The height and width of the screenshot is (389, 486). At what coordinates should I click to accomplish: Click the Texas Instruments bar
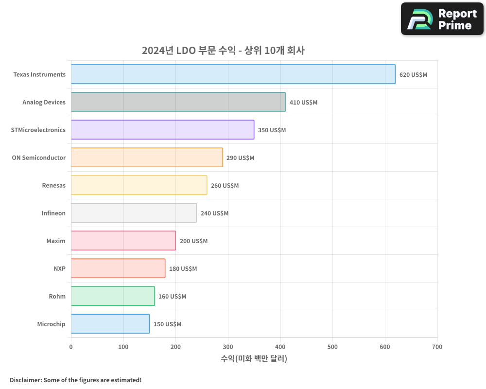(233, 74)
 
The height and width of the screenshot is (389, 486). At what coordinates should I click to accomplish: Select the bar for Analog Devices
(178, 102)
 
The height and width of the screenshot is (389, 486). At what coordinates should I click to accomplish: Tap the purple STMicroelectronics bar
(162, 130)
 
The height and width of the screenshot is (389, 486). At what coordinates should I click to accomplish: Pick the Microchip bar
(110, 324)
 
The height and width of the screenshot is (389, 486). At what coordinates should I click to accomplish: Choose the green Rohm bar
(113, 296)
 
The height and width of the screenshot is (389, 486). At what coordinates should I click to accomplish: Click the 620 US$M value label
(413, 75)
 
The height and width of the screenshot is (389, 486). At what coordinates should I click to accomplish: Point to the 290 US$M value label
(240, 158)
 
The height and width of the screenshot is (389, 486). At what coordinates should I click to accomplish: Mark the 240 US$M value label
(214, 213)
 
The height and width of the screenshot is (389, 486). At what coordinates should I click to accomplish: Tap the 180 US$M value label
(183, 269)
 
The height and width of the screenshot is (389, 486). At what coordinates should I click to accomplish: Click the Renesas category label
(53, 186)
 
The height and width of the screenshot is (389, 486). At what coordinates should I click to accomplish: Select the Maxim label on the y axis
(56, 241)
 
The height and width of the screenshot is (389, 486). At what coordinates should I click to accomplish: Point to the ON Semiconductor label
(39, 158)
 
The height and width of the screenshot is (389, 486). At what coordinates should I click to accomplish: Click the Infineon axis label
(53, 213)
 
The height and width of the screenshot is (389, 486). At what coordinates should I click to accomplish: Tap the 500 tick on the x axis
(332, 347)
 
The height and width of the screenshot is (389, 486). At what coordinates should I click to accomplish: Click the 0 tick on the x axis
(71, 347)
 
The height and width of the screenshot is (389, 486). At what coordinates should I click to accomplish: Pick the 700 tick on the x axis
(437, 347)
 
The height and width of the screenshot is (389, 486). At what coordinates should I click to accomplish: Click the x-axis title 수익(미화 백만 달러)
(254, 359)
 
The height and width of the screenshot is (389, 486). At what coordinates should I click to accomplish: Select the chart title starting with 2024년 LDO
(223, 51)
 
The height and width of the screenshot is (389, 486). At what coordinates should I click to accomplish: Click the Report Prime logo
(442, 19)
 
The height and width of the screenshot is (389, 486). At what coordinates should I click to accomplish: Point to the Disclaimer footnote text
(75, 380)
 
